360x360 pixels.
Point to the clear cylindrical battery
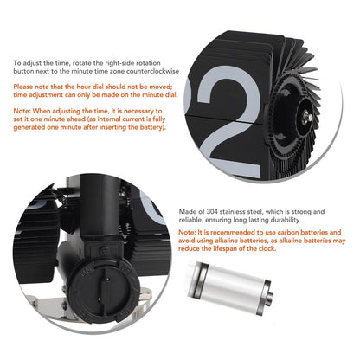230,287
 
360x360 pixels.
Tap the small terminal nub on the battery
269,298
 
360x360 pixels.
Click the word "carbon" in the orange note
288,232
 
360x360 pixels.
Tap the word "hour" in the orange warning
84,87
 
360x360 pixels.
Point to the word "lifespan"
225,248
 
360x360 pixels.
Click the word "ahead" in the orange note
86,119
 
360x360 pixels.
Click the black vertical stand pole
100,215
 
